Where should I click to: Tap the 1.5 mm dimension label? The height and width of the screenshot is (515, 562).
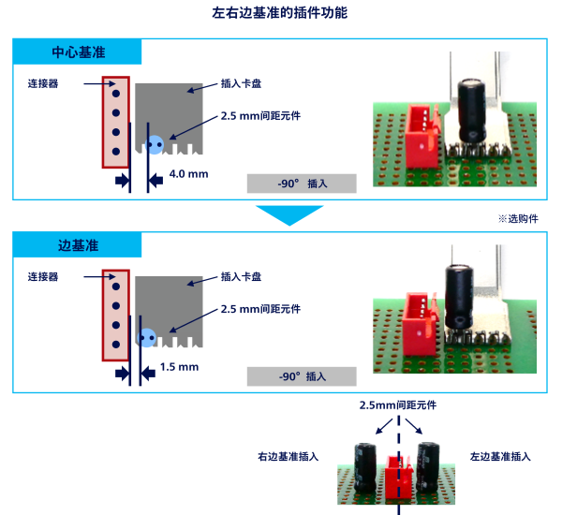(x=179, y=367)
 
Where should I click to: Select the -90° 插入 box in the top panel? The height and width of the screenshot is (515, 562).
(x=302, y=184)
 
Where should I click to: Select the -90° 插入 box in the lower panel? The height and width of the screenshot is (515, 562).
(x=302, y=376)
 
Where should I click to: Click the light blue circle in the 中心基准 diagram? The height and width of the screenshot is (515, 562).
(x=155, y=144)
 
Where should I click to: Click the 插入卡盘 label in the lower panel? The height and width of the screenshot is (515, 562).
(x=240, y=277)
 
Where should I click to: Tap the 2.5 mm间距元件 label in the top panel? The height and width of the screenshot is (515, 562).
(x=259, y=116)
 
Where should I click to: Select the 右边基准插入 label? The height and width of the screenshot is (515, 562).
(x=288, y=457)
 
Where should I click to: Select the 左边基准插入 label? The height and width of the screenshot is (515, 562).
(x=500, y=457)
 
